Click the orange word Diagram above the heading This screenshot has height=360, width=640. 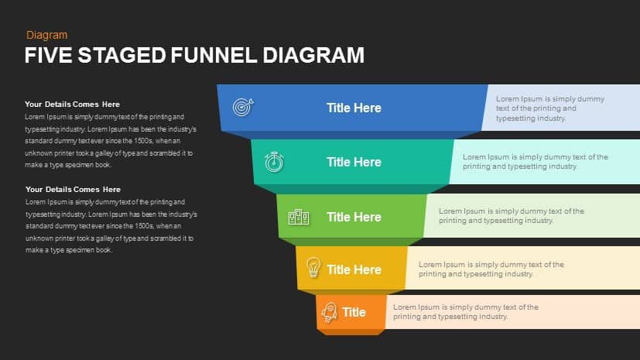tap(46, 35)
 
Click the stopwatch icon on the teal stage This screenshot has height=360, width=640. tap(274, 162)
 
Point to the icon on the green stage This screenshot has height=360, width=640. tap(299, 217)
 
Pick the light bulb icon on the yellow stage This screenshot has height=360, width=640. tap(313, 268)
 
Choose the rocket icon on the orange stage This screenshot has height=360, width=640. tap(329, 312)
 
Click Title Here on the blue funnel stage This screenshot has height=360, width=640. tap(354, 108)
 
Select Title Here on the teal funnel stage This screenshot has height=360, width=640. tap(354, 162)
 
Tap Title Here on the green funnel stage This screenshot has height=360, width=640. tap(354, 217)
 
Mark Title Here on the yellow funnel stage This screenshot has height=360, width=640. tap(354, 269)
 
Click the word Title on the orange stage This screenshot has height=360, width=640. tap(354, 312)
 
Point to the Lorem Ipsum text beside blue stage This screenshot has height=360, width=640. tap(550, 108)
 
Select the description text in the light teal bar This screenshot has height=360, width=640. tap(536, 162)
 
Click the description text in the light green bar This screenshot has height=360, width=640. tap(512, 215)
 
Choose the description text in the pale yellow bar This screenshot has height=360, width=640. tap(491, 269)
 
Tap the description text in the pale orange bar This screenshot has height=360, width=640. tap(466, 312)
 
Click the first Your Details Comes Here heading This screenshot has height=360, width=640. tap(72, 104)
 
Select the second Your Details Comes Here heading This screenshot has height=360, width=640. tap(73, 189)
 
